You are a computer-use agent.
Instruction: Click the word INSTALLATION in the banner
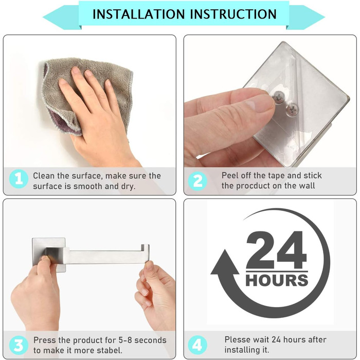pyautogui.click(x=139, y=14)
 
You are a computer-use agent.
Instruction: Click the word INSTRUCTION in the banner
pyautogui.click(x=233, y=14)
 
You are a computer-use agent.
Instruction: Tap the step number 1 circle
pyautogui.click(x=19, y=179)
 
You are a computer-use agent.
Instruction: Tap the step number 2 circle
pyautogui.click(x=197, y=181)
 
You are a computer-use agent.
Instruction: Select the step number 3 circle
pyautogui.click(x=19, y=345)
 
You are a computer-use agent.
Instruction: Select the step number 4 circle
pyautogui.click(x=197, y=345)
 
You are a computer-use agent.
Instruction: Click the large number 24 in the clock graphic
pyautogui.click(x=277, y=250)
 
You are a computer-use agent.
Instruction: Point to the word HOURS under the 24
pyautogui.click(x=277, y=280)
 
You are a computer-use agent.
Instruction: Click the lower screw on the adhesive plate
pyautogui.click(x=292, y=108)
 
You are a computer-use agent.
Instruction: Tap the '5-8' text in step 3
pyautogui.click(x=125, y=340)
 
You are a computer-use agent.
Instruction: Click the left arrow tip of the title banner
pyautogui.click(x=43, y=17)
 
